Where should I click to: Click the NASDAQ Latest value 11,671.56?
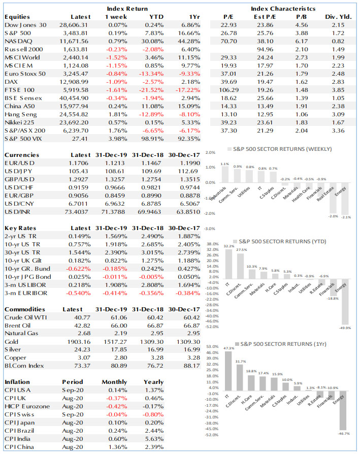(74, 42)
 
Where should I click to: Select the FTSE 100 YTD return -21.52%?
(151, 90)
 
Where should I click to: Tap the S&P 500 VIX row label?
(23, 139)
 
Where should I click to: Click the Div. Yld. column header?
(338, 17)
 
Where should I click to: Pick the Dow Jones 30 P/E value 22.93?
(228, 25)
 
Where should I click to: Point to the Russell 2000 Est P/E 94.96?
(265, 49)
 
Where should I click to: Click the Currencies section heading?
(22, 155)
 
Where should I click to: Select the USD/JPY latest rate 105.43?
(78, 171)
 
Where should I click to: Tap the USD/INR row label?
(17, 212)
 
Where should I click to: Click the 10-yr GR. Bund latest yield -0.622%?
(78, 269)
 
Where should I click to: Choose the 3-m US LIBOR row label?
(25, 285)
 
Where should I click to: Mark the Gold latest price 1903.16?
(79, 342)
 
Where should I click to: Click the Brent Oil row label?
(17, 326)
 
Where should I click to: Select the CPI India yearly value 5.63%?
(154, 439)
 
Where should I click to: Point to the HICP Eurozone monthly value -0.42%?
(116, 406)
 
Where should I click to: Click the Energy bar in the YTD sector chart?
(345, 302)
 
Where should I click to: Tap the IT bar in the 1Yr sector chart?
(228, 371)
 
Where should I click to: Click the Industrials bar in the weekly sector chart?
(225, 174)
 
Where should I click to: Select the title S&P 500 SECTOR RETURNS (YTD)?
(282, 242)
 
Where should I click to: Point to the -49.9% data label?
(345, 328)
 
